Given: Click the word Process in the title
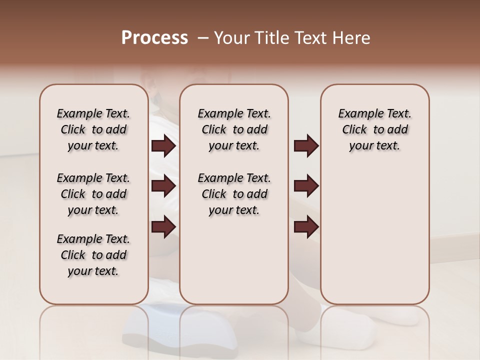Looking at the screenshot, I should (154, 38).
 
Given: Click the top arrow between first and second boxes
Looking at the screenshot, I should (163, 146).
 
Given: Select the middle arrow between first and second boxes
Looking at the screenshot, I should (163, 186).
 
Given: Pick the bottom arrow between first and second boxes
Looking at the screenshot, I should (163, 226).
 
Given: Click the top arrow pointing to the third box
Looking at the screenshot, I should (306, 146).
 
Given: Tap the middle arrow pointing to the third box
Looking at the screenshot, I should (306, 186).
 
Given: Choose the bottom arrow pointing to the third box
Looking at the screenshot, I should (306, 226).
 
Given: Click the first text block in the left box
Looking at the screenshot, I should (93, 129).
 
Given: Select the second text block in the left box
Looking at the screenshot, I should (93, 194).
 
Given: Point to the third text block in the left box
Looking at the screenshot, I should (93, 255).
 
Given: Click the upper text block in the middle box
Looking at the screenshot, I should (234, 129).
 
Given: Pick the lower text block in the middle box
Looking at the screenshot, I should (234, 194).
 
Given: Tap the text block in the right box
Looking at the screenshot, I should (374, 129).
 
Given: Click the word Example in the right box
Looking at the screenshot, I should (357, 114).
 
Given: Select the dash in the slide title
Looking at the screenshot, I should (203, 38).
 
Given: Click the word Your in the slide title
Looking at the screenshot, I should (232, 38).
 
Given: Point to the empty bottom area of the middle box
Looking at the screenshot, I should (234, 265).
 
